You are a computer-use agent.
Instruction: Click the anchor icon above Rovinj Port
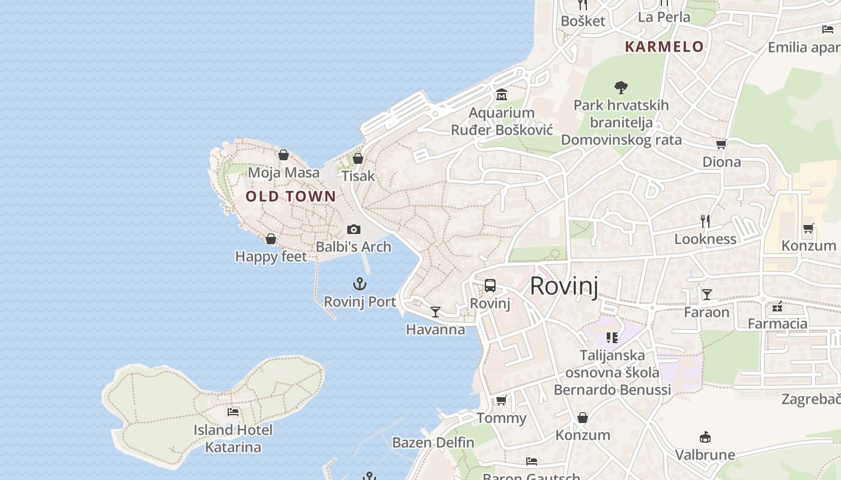coord(359,284)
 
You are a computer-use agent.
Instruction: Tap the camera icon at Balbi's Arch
coord(354,229)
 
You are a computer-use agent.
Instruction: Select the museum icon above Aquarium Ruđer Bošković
coord(502,95)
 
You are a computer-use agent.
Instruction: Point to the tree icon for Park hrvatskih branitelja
coord(621,88)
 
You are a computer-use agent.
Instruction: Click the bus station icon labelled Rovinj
coord(490,286)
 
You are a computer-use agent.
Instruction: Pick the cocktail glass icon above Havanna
coord(436,312)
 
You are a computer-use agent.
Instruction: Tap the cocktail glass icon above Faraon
coord(707,295)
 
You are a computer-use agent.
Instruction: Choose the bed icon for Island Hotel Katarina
coord(233,412)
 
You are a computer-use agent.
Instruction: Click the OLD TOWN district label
coord(291,196)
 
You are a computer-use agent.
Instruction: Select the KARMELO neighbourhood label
coord(664,47)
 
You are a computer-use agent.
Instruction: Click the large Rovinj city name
coord(564,286)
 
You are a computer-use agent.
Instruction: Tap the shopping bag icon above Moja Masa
coord(284,155)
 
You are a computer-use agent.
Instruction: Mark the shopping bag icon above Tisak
coord(358,158)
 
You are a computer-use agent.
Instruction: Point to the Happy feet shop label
coord(271,257)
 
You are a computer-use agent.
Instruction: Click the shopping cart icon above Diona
coord(721,144)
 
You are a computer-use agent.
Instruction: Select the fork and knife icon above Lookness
coord(705,221)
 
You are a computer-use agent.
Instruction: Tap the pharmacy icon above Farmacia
coord(777,307)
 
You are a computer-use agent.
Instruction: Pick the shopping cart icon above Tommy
coord(501,400)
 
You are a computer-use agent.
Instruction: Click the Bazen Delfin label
coord(433,443)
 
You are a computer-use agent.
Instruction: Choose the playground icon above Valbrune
coord(705,437)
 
